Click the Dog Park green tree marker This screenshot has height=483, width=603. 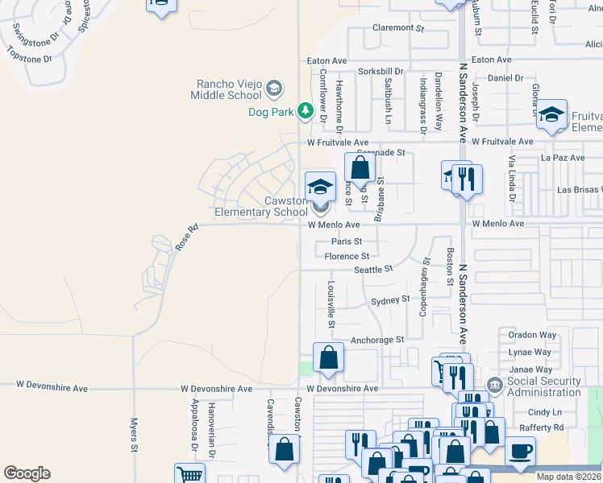pyautogui.click(x=305, y=110)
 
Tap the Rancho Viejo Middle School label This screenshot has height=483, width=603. pyautogui.click(x=227, y=89)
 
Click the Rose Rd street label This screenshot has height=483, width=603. pyautogui.click(x=186, y=240)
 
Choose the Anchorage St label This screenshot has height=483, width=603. pyautogui.click(x=377, y=340)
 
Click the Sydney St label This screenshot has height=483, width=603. pyautogui.click(x=390, y=301)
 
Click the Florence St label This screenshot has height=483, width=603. pyautogui.click(x=347, y=257)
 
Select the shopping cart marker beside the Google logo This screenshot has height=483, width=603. pyautogui.click(x=189, y=474)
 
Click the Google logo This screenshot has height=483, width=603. pyautogui.click(x=27, y=473)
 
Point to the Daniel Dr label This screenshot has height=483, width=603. pyautogui.click(x=506, y=78)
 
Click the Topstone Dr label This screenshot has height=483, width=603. pyautogui.click(x=29, y=58)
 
